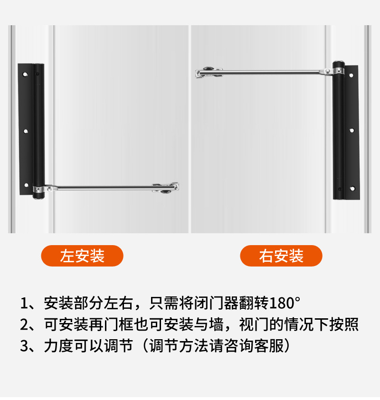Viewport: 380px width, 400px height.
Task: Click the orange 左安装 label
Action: click(x=82, y=256)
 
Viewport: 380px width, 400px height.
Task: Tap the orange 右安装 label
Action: click(x=281, y=256)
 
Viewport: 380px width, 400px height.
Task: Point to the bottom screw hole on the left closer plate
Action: click(x=26, y=185)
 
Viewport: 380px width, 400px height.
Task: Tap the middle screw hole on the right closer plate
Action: click(x=352, y=130)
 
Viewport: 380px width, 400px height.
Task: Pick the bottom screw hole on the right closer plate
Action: click(x=352, y=189)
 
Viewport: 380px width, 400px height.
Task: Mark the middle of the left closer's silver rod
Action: click(x=104, y=189)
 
